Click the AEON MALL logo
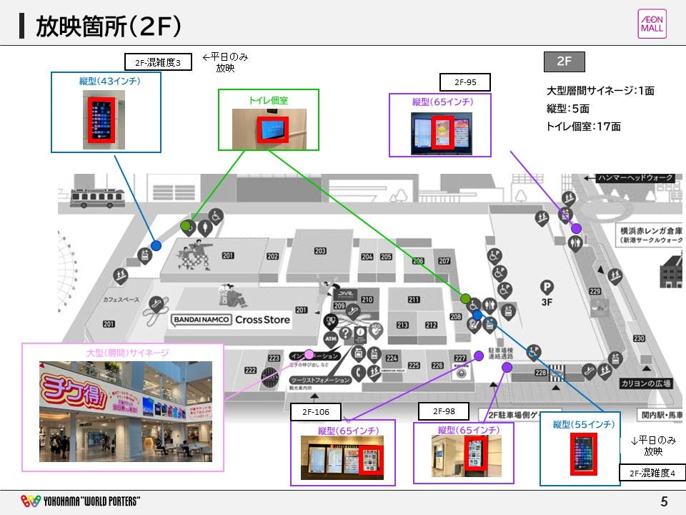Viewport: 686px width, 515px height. pyautogui.click(x=651, y=24)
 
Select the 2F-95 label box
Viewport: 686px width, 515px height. pyautogui.click(x=465, y=82)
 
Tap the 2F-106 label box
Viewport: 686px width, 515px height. pyautogui.click(x=315, y=412)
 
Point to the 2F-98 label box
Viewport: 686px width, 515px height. pyautogui.click(x=444, y=411)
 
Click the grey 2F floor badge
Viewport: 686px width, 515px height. pyautogui.click(x=565, y=62)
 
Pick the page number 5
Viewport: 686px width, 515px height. pyautogui.click(x=664, y=502)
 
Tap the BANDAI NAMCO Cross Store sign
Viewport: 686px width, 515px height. pyautogui.click(x=231, y=320)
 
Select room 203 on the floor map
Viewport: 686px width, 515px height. pyautogui.click(x=319, y=251)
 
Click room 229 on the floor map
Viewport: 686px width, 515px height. pyautogui.click(x=595, y=291)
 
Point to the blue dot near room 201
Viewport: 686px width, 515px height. pyautogui.click(x=156, y=245)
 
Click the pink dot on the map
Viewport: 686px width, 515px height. pyautogui.click(x=309, y=354)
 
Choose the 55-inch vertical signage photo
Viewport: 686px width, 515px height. pyautogui.click(x=583, y=453)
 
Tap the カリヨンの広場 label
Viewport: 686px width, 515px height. pyautogui.click(x=645, y=383)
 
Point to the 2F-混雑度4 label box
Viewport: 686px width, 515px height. pyautogui.click(x=652, y=473)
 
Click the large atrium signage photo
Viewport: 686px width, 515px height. pyautogui.click(x=126, y=411)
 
